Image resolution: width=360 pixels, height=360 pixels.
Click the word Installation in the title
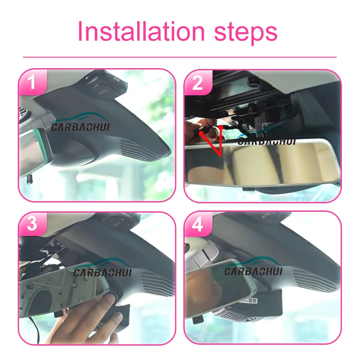point(141,31)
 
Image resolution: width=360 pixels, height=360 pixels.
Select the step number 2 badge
point(198,83)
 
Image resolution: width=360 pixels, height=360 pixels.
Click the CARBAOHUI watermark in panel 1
point(80,123)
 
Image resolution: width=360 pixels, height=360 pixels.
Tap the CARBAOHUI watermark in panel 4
point(253,267)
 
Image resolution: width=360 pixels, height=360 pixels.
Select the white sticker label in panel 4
point(248,301)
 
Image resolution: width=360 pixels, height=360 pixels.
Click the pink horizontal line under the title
point(180,57)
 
